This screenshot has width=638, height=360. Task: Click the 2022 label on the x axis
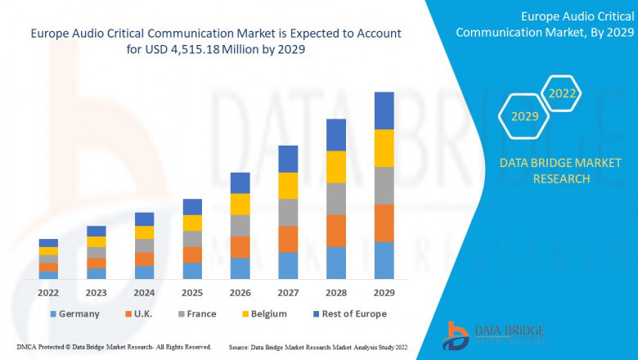point(48,291)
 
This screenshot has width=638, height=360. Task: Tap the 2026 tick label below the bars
point(240,291)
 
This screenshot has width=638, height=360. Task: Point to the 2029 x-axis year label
point(384,291)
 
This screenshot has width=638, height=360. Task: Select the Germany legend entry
point(74,313)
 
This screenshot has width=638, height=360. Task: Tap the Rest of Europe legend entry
point(348,313)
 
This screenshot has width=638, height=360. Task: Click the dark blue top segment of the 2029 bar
point(384,110)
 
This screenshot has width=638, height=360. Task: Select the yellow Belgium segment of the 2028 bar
point(336,167)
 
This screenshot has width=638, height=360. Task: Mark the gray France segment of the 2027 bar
point(288,213)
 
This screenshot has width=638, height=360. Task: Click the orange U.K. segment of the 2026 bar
point(240,247)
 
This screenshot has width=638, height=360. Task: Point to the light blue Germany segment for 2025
point(192,271)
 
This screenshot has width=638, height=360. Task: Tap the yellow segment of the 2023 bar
point(97,241)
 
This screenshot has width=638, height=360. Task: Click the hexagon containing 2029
point(524,117)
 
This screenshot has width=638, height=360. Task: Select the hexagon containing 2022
point(562,94)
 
